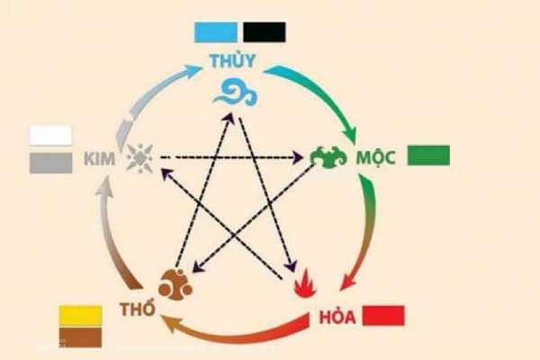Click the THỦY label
click(233, 59)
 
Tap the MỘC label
click(375, 158)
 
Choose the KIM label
click(100, 159)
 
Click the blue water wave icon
click(236, 93)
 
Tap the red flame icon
click(306, 283)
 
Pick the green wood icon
click(328, 157)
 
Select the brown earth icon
click(175, 284)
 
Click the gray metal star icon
click(139, 158)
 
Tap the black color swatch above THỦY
click(265, 32)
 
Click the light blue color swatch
click(216, 32)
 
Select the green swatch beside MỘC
click(428, 156)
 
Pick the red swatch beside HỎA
click(383, 315)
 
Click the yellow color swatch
click(81, 315)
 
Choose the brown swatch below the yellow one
click(81, 337)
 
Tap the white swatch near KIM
click(51, 135)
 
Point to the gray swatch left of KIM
click(51, 163)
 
